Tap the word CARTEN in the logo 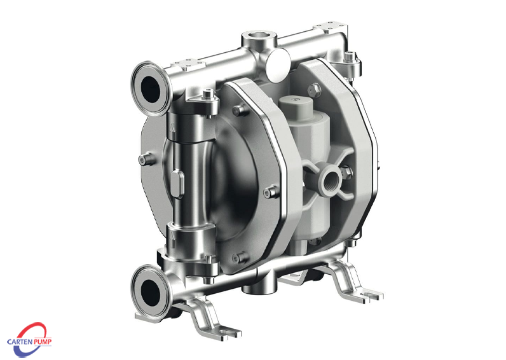[x=20, y=342]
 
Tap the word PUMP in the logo [x=43, y=342]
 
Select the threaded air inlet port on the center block [x=331, y=179]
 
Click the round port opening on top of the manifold [x=259, y=35]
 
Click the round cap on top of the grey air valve [x=296, y=104]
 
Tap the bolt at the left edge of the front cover [x=144, y=159]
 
